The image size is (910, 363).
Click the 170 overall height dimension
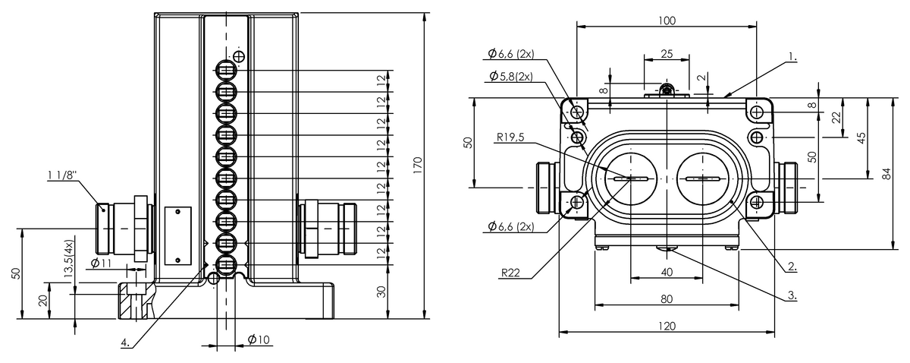point(418,166)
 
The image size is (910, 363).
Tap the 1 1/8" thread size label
point(62,175)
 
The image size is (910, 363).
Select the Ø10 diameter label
point(259,339)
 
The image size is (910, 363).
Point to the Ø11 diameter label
point(101,264)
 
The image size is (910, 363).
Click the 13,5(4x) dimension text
point(69,258)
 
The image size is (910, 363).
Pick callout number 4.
point(125,343)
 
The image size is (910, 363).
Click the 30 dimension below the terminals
point(381,292)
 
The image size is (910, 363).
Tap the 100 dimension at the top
point(667,21)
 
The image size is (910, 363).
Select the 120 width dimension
point(667,326)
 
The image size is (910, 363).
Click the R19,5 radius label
point(510,137)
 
